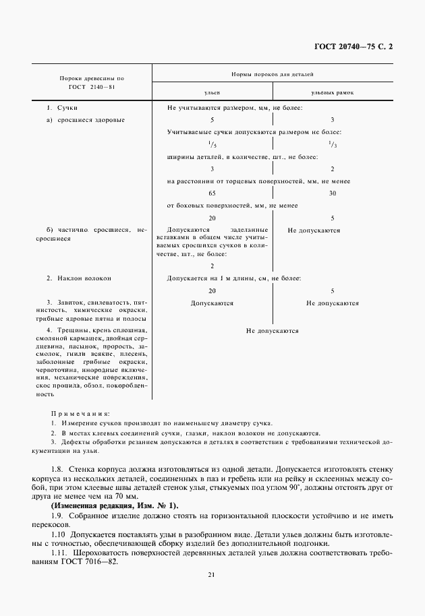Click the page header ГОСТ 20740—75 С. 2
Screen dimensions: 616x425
(x=353, y=47)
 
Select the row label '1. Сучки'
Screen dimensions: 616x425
(x=63, y=108)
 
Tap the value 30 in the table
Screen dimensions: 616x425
(x=333, y=193)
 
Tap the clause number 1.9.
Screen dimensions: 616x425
(x=59, y=514)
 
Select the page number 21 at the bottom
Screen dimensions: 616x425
(x=212, y=593)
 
